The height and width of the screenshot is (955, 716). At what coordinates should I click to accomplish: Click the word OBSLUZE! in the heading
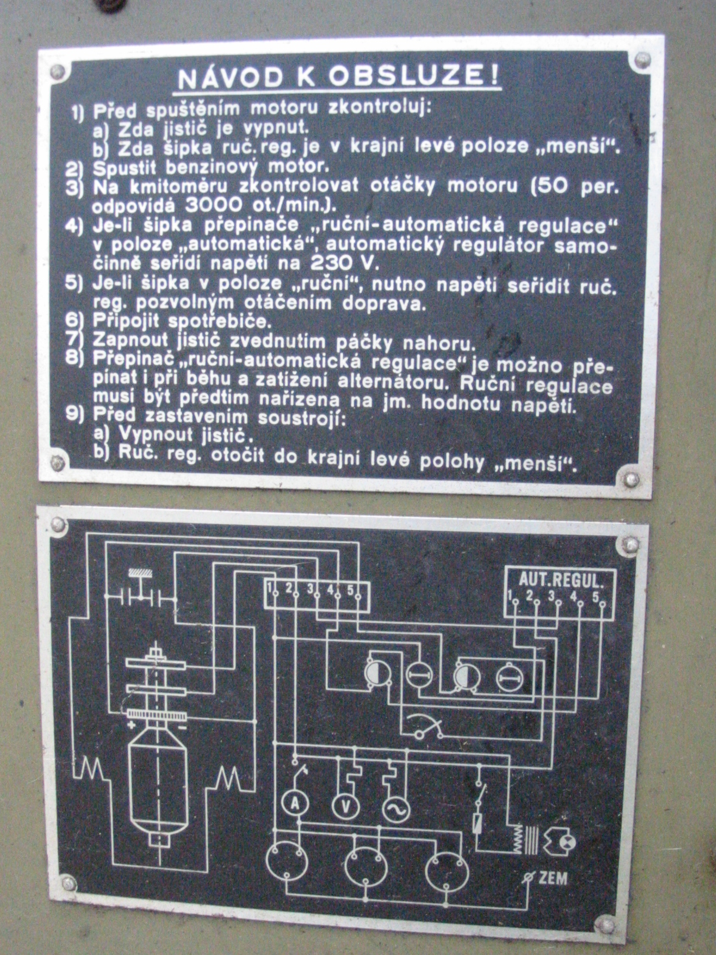(x=414, y=76)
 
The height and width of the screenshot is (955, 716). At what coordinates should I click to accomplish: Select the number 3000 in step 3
(x=214, y=205)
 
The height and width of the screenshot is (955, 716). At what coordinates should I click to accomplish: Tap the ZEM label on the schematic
(x=553, y=878)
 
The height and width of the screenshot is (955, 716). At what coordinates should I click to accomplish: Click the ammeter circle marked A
(x=294, y=804)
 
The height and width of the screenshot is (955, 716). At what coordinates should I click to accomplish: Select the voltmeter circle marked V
(x=345, y=807)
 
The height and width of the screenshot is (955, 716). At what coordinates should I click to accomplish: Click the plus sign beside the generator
(x=131, y=725)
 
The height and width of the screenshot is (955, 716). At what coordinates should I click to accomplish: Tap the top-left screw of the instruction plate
(x=57, y=72)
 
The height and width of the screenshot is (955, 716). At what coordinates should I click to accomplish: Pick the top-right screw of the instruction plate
(x=642, y=59)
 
